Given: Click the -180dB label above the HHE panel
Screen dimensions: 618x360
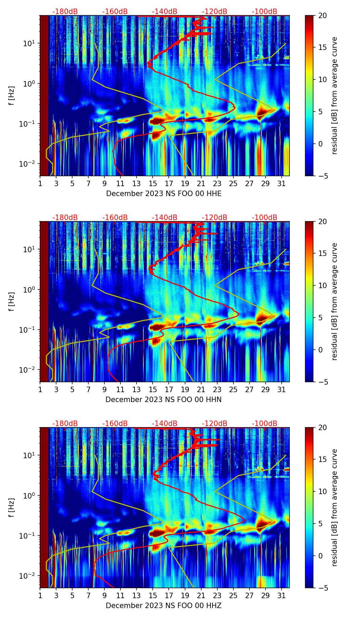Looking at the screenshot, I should [65, 12].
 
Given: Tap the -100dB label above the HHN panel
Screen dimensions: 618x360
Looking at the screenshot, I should [265, 218].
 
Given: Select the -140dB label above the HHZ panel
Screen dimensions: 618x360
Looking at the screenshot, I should [165, 424].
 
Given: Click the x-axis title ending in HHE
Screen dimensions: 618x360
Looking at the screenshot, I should [164, 194].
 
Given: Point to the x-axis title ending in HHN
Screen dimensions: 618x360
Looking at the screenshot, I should [164, 400].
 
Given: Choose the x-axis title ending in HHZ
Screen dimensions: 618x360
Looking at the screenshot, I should [164, 606].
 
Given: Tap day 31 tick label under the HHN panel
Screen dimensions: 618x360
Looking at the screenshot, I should [282, 389].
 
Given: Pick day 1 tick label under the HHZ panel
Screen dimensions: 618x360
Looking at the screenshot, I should [40, 595].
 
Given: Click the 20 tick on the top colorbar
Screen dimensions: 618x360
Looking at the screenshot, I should [322, 16].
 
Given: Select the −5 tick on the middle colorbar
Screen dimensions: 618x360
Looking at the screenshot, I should [322, 382].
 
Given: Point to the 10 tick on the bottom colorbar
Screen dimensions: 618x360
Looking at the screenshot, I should [322, 491].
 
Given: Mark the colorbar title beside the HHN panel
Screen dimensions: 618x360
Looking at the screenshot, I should [335, 301].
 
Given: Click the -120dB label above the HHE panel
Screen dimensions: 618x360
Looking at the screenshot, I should [215, 12].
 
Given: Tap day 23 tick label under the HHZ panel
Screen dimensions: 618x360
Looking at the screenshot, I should [217, 595].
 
